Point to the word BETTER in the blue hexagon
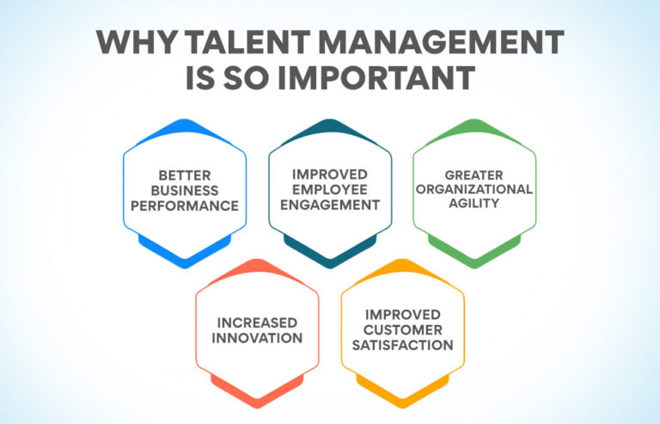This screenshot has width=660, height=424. point(185,175)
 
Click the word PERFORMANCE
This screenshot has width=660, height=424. point(185,206)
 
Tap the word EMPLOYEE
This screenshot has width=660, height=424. point(330,189)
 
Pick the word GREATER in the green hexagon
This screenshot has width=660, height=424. point(474,175)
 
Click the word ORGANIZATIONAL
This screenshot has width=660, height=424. point(474,190)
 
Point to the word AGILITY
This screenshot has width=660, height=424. point(474,206)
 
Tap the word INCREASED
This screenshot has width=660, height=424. point(258,323)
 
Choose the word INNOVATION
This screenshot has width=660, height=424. point(258,338)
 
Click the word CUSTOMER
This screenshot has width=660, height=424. point(402,330)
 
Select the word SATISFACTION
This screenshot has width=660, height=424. point(402,346)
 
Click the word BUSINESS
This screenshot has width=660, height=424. point(185,190)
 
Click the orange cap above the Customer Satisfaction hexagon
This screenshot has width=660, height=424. point(402,267)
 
